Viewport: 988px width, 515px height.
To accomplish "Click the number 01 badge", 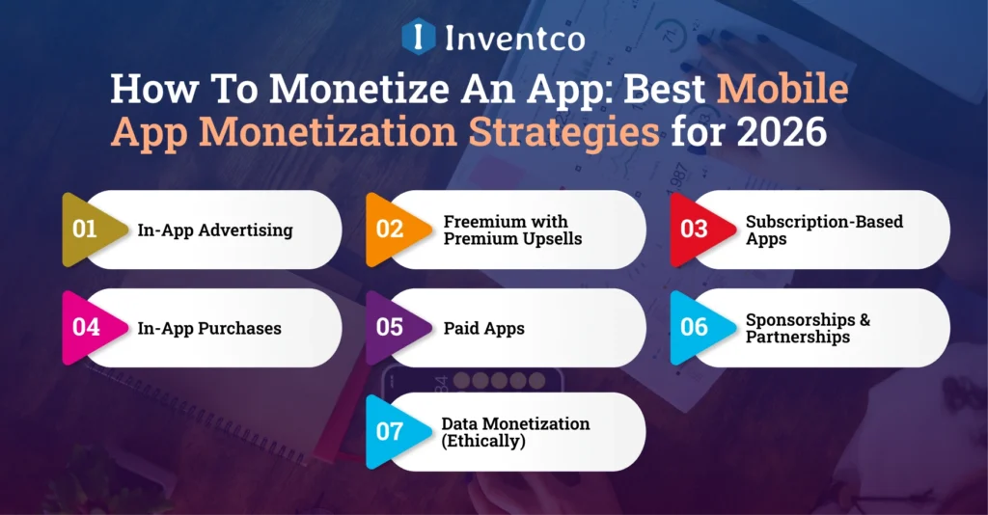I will pyautogui.click(x=86, y=230).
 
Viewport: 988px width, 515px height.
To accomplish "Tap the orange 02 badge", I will pyautogui.click(x=389, y=230).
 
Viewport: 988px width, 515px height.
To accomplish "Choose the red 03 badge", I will pyautogui.click(x=694, y=230).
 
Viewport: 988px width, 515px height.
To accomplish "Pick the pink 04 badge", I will pyautogui.click(x=86, y=327).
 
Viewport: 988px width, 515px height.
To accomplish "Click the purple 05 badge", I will pyautogui.click(x=389, y=327).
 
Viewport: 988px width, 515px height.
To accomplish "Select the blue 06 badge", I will pyautogui.click(x=694, y=327).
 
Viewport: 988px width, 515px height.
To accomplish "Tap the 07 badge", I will pyautogui.click(x=389, y=431).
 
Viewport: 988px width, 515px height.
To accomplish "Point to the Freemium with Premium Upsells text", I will pyautogui.click(x=512, y=230).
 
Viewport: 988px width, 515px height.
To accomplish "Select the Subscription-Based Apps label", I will pyautogui.click(x=824, y=230).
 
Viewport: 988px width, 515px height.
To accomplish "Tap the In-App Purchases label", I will pyautogui.click(x=209, y=328).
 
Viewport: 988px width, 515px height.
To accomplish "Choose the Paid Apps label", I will pyautogui.click(x=483, y=328).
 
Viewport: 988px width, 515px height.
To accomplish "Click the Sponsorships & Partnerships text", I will pyautogui.click(x=808, y=328).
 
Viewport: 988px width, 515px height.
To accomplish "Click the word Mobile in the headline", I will pyautogui.click(x=782, y=90).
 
